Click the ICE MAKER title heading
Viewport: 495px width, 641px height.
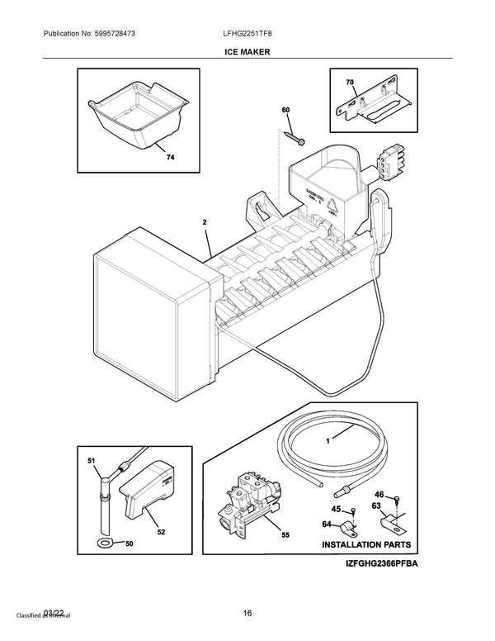coord(247,51)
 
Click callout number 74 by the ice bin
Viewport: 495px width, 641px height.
coord(169,155)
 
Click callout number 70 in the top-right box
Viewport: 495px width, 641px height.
coord(349,83)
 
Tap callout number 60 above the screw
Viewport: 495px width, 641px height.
coord(285,111)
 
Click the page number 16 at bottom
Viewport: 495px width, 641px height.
coord(247,611)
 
